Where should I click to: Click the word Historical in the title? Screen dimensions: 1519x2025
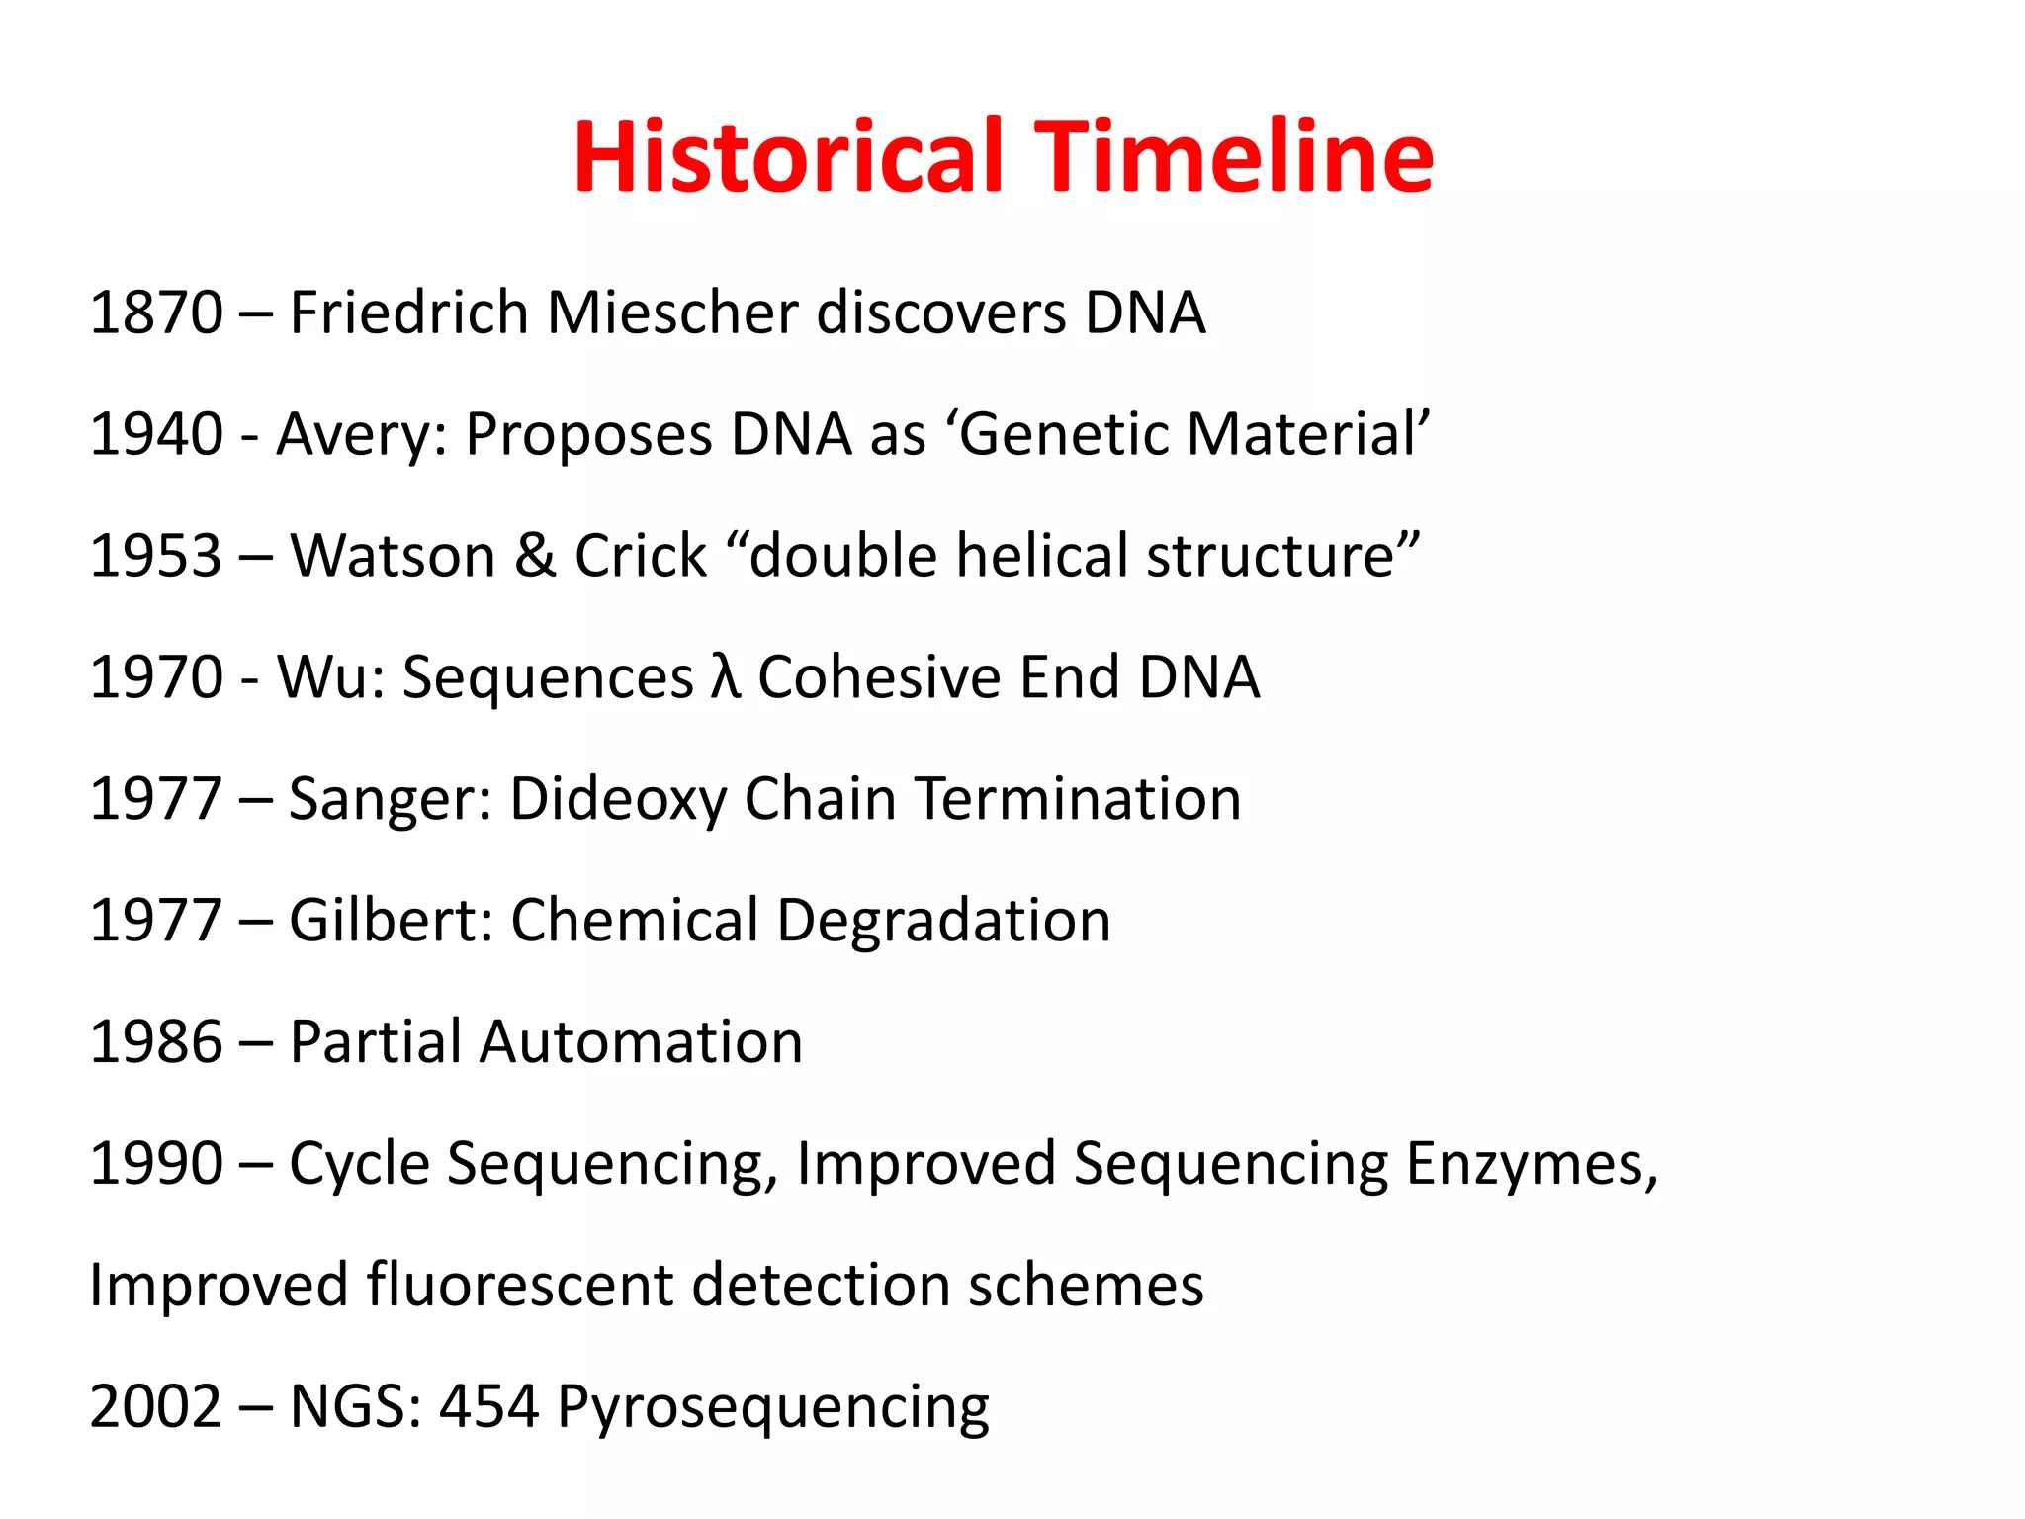(787, 157)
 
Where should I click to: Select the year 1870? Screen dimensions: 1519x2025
(156, 313)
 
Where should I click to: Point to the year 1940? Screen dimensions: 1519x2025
(156, 434)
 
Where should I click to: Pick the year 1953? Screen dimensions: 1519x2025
(156, 556)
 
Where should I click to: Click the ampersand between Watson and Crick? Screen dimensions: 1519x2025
(534, 556)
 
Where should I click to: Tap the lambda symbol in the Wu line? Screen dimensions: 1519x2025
(725, 677)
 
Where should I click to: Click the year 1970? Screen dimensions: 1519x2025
(156, 677)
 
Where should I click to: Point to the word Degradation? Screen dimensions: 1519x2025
(943, 923)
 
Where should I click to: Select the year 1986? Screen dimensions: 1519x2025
(156, 1042)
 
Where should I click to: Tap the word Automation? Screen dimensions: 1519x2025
(641, 1042)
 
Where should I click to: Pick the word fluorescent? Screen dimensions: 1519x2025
(520, 1286)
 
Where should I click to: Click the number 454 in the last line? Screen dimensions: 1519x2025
(488, 1407)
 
